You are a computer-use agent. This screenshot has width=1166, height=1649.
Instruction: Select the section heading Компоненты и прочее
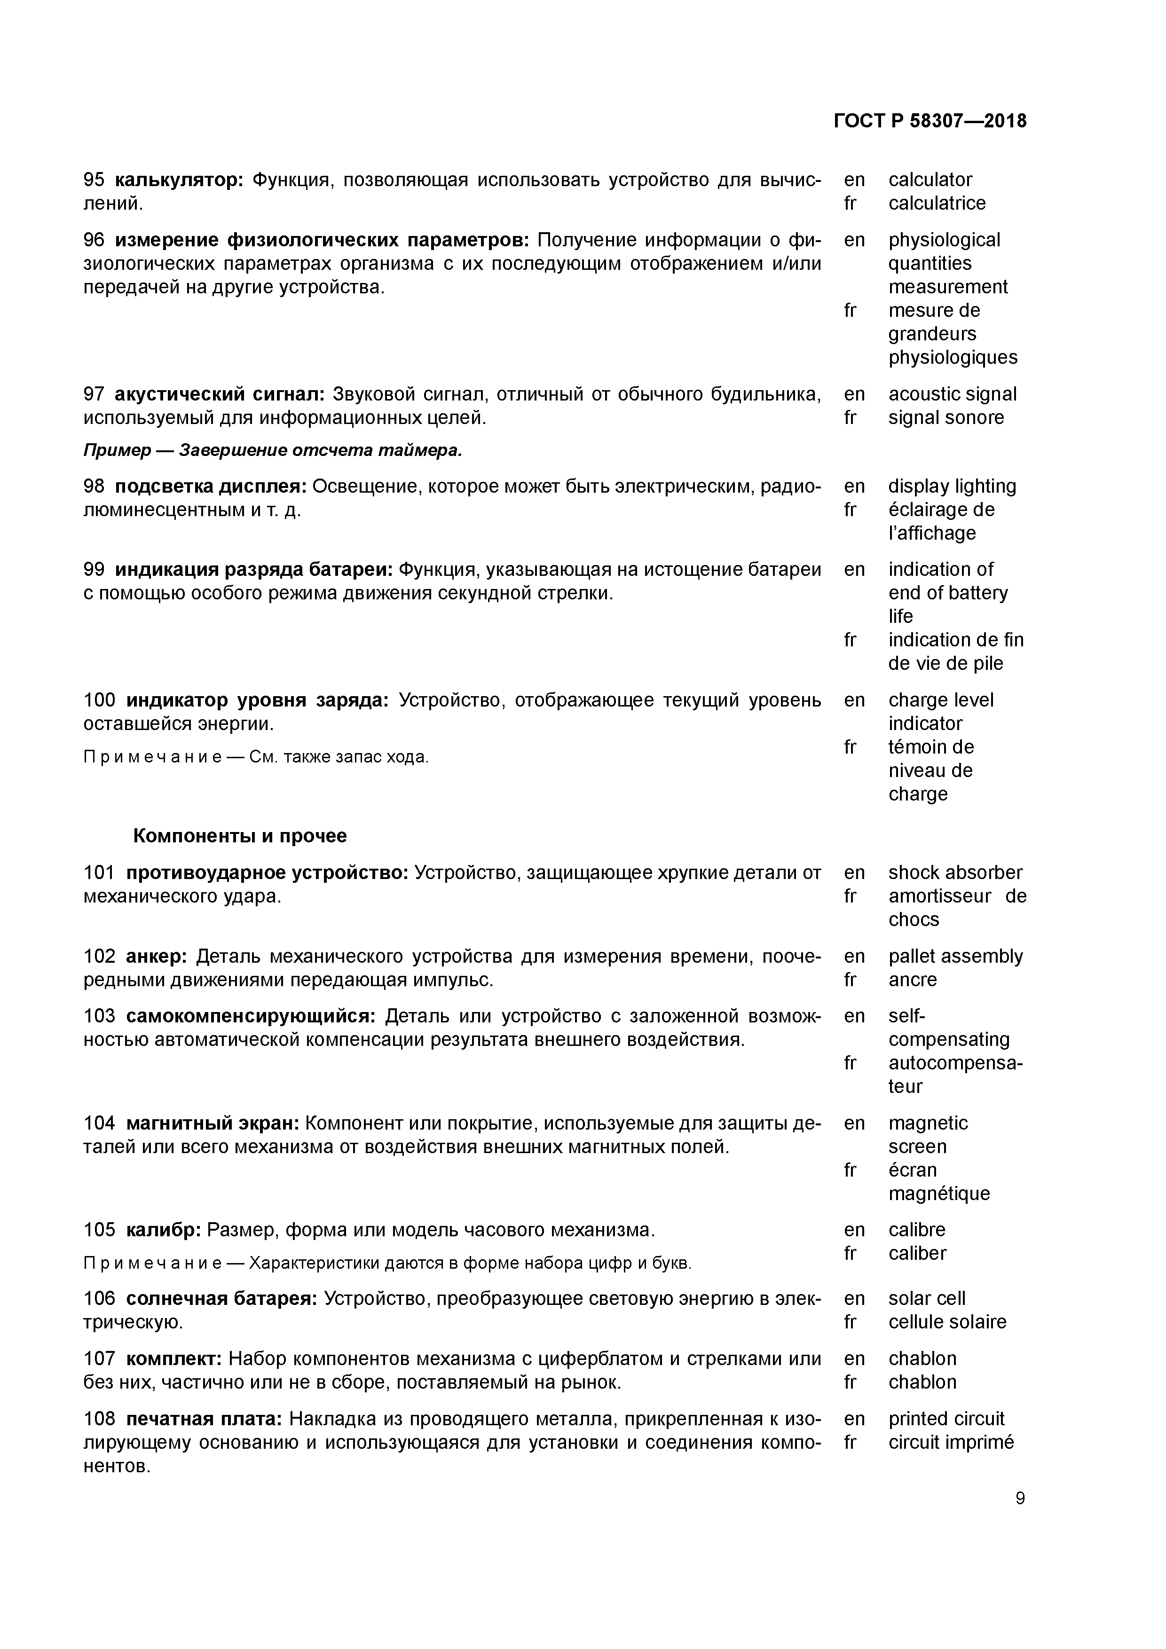coord(240,835)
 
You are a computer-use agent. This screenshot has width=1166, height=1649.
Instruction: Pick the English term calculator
coord(930,180)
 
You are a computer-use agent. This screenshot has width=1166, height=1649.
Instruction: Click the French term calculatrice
coord(937,203)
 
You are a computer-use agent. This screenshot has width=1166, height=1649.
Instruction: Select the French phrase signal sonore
coord(945,417)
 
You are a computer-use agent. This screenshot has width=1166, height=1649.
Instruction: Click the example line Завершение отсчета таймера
coord(273,450)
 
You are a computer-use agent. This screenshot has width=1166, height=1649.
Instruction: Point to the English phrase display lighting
coord(952,486)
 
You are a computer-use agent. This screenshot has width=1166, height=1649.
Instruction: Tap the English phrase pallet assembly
coord(955,956)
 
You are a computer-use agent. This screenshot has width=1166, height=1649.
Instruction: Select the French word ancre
coord(913,980)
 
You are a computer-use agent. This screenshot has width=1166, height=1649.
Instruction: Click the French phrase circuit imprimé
coord(951,1442)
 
